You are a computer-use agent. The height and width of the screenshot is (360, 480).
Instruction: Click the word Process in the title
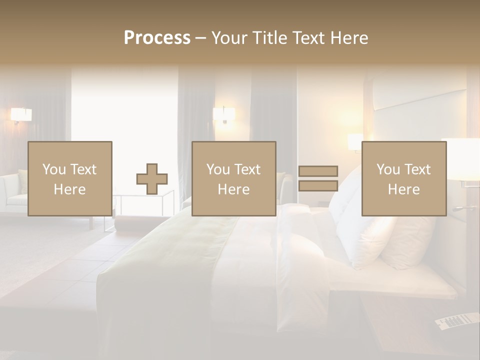click(x=157, y=38)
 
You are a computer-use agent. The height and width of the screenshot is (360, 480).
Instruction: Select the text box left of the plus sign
click(x=70, y=179)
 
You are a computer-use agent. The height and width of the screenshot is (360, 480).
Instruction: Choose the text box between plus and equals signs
click(x=234, y=179)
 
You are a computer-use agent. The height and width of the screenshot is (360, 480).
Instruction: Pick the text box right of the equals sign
click(x=404, y=179)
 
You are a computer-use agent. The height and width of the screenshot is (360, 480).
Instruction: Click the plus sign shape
click(x=152, y=179)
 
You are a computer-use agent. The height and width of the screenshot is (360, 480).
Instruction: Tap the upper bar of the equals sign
click(x=318, y=171)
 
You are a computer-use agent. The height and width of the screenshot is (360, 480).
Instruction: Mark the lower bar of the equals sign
click(x=318, y=186)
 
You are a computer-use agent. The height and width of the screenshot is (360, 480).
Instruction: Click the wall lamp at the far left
click(x=21, y=115)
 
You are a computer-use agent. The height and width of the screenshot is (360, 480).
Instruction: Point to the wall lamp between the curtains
click(x=224, y=115)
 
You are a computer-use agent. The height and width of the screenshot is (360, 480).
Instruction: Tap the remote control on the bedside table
click(x=456, y=320)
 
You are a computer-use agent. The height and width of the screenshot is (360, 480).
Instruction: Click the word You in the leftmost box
click(x=54, y=169)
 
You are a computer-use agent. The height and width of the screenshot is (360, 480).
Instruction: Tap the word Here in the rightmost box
click(x=404, y=189)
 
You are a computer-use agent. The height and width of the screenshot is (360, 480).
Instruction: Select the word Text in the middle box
click(x=247, y=169)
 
